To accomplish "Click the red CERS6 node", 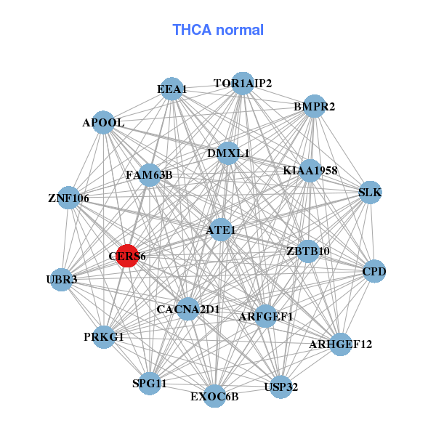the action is [x=127, y=256].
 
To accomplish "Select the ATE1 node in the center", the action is [x=220, y=230].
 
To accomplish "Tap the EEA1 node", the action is [x=171, y=89].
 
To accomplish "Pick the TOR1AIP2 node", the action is [x=243, y=84].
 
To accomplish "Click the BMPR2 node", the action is [x=314, y=107].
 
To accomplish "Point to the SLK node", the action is [x=370, y=193].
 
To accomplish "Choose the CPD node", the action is [x=374, y=272].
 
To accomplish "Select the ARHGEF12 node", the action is [x=340, y=344].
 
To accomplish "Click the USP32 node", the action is [x=280, y=386].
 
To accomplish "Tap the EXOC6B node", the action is [x=214, y=395].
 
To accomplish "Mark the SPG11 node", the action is [x=149, y=383].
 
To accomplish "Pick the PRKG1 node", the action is [x=104, y=336].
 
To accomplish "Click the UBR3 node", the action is [x=62, y=279].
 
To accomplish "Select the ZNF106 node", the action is [x=68, y=198].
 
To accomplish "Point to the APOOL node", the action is [x=103, y=123].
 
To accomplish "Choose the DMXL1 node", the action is [x=228, y=153].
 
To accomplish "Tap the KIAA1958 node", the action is [x=310, y=171].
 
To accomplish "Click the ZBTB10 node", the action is [x=308, y=251].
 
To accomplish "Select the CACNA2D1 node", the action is [x=187, y=309].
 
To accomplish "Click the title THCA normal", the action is [x=218, y=30].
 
